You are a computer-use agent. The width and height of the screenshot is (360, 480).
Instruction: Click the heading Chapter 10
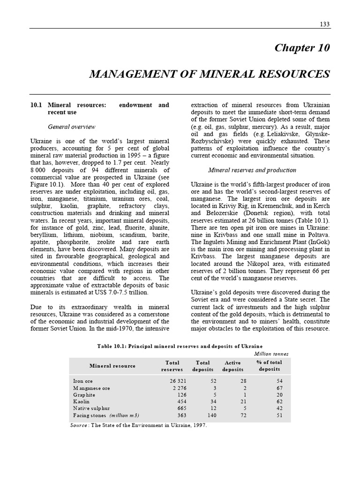point(302,48)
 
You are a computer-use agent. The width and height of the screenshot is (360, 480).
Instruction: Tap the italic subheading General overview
point(72,127)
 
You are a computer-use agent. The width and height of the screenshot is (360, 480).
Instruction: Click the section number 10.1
point(36,105)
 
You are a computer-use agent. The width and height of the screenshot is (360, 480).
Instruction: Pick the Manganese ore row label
point(91,388)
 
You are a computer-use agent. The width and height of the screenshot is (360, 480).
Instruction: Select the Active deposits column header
point(232,366)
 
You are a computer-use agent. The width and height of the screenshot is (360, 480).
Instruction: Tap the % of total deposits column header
point(270,366)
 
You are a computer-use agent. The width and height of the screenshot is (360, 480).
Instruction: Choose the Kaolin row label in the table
point(82,402)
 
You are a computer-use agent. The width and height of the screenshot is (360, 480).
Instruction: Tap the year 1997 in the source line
point(199,425)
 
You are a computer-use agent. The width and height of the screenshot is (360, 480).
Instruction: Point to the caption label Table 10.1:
point(112,346)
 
